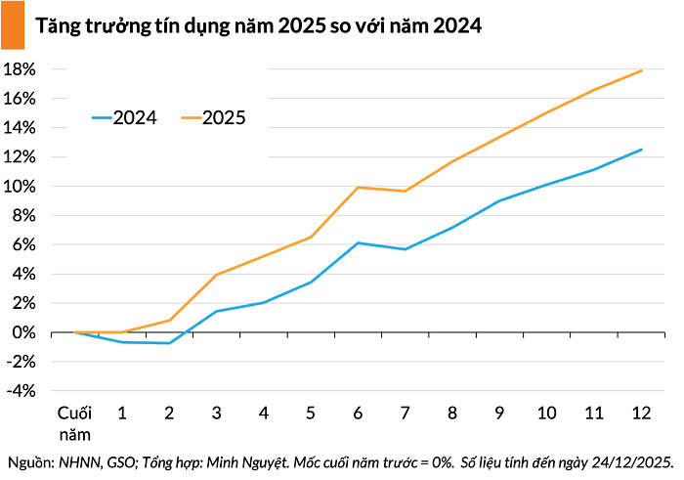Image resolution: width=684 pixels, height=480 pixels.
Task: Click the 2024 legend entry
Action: tap(124, 118)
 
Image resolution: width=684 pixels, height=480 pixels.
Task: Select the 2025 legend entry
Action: tap(213, 118)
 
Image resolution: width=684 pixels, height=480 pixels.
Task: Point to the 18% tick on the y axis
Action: tap(20, 69)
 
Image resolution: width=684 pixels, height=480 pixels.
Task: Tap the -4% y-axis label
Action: tap(21, 391)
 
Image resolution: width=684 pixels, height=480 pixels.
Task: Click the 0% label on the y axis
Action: tap(24, 332)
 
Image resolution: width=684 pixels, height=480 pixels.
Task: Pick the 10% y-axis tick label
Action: tap(20, 187)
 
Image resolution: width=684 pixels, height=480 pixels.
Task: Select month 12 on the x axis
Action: tap(641, 413)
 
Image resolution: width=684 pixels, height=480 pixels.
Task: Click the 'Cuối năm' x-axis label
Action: tap(74, 423)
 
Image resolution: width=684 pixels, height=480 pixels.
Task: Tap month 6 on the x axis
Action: tap(358, 413)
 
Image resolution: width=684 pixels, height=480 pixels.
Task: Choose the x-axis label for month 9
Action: tap(499, 413)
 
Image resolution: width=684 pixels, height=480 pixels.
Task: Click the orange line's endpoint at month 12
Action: tap(641, 70)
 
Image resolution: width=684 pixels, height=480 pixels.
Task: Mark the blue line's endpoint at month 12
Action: tap(641, 150)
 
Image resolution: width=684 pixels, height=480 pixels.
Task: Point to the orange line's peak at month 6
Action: tap(358, 188)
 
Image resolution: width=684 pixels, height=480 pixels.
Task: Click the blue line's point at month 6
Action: tap(358, 243)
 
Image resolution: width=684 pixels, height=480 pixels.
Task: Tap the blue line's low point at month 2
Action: tap(169, 343)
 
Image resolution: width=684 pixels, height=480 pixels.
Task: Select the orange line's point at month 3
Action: tap(216, 275)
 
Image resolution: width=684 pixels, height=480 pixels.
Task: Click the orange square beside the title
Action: tap(13, 24)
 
